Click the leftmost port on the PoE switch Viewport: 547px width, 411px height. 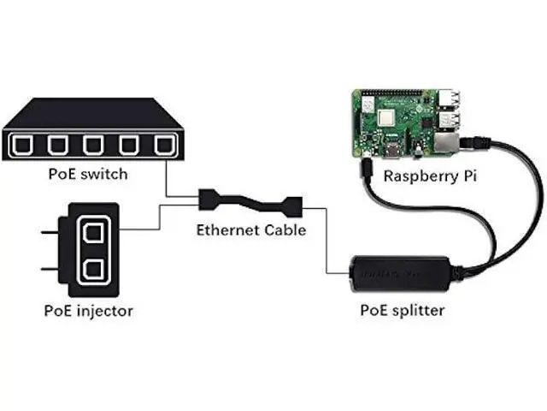coord(22,145)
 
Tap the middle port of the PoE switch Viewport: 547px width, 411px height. coord(93,145)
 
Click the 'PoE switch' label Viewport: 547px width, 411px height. coord(88,174)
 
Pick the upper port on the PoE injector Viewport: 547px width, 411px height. coord(93,233)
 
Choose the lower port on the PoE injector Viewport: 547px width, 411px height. coord(93,269)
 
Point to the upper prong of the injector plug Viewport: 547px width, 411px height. coord(50,232)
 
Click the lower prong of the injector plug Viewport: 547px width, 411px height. coord(50,269)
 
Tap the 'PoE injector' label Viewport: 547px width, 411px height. coord(89,311)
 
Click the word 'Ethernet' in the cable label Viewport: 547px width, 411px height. coord(228,230)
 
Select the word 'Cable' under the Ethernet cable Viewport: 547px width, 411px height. coord(285,230)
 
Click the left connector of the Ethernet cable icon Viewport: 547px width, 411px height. coord(206,200)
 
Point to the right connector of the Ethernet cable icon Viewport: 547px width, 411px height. coord(294,207)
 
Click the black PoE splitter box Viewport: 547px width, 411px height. coord(400,274)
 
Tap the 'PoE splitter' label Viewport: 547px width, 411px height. coord(403,310)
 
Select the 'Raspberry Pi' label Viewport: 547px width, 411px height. coord(430,176)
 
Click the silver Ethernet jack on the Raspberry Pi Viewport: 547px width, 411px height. coord(446,143)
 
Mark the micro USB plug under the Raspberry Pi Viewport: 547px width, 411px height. coord(367,168)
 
